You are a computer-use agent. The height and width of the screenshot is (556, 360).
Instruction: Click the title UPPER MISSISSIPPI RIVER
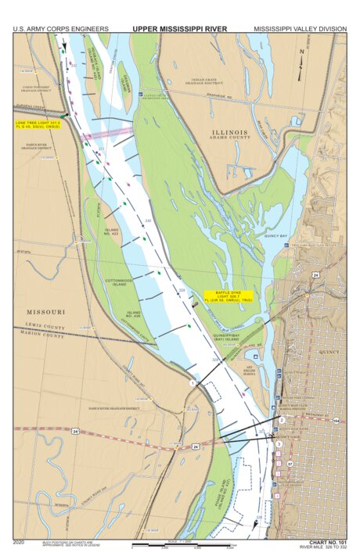tap(179, 29)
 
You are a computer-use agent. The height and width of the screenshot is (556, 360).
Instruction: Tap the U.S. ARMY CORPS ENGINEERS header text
tap(60, 29)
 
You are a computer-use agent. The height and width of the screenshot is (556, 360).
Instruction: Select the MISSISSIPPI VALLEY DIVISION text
tap(300, 29)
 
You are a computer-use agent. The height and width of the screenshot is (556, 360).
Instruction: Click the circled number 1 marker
tap(192, 383)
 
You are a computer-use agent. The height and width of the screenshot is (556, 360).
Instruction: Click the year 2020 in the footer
tap(20, 541)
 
